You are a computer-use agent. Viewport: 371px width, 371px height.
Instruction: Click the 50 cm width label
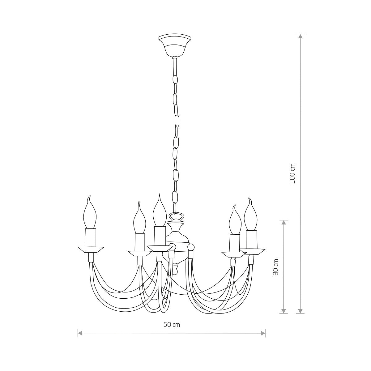172,325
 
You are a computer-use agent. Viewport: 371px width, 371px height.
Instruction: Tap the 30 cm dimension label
276,267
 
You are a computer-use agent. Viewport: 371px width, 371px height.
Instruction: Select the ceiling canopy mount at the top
175,46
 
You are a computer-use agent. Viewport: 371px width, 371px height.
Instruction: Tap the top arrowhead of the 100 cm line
300,36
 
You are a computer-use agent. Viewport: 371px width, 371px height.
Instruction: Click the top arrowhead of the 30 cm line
283,223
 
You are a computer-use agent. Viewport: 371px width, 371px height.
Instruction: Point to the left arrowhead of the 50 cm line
80,339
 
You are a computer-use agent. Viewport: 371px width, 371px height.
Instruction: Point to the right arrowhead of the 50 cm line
263,339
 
